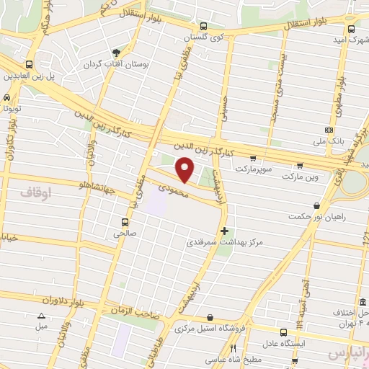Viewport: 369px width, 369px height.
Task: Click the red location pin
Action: [x=185, y=170]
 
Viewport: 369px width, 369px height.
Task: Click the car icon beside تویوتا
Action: [x=6, y=97]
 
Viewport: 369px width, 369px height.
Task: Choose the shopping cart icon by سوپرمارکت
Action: [x=252, y=157]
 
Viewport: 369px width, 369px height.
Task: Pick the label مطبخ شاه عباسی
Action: [x=208, y=358]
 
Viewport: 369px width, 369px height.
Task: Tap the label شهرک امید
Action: [x=342, y=39]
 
